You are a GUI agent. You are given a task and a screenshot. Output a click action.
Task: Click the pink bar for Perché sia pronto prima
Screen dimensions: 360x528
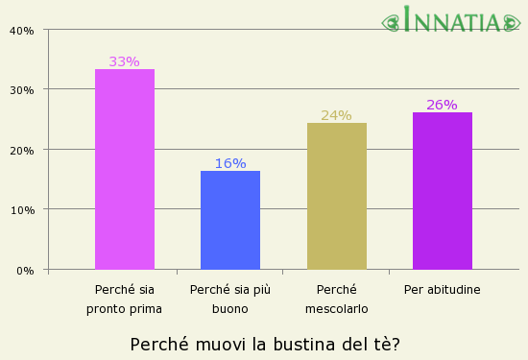click(x=125, y=169)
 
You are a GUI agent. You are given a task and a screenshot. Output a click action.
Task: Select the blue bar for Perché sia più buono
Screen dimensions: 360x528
click(x=230, y=220)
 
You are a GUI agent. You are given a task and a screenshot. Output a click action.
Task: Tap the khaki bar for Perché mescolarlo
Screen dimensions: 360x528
click(x=336, y=196)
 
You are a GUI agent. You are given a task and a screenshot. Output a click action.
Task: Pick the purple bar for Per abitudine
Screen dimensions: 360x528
click(x=442, y=190)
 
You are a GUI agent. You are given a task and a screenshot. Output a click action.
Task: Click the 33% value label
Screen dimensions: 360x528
click(x=124, y=61)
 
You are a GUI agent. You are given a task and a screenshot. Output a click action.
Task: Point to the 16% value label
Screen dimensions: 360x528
click(x=230, y=163)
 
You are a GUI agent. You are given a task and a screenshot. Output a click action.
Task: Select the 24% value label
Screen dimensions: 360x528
click(x=336, y=115)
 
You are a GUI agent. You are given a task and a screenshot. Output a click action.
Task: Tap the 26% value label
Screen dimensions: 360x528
click(x=442, y=105)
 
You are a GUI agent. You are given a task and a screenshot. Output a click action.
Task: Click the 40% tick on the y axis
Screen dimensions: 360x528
click(x=22, y=30)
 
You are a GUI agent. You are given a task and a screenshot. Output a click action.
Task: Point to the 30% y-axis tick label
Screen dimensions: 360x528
click(x=22, y=90)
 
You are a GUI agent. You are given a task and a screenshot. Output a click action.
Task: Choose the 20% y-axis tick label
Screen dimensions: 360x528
click(x=22, y=150)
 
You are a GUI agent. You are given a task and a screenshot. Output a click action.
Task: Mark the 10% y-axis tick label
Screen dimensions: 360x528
click(x=22, y=210)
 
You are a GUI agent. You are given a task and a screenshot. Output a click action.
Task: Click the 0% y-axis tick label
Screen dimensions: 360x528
click(x=25, y=270)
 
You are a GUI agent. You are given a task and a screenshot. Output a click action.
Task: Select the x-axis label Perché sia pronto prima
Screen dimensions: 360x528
click(x=124, y=299)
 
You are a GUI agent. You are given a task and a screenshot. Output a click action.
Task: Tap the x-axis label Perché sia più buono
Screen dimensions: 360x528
click(x=230, y=299)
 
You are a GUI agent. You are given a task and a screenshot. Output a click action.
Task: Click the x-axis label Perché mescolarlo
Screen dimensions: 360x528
click(x=336, y=299)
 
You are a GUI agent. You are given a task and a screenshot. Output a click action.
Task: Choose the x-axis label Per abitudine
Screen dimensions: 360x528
click(x=442, y=289)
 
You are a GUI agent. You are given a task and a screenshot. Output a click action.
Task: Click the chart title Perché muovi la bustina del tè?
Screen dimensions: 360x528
click(x=265, y=344)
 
